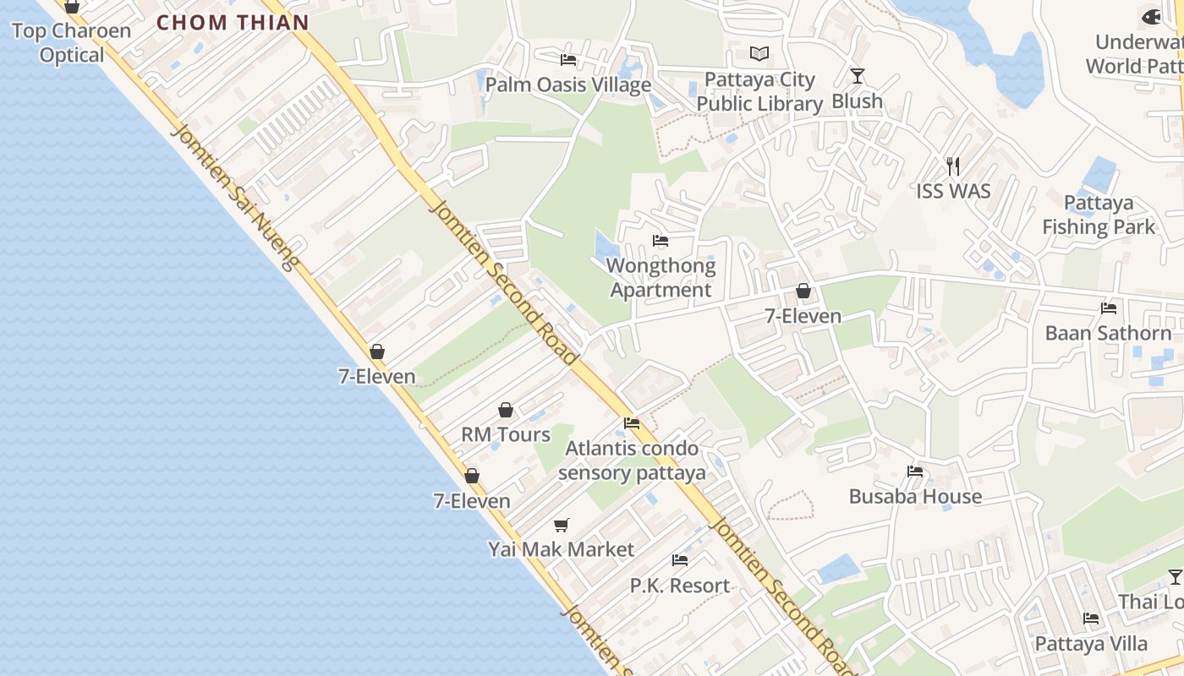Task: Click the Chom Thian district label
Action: (233, 23)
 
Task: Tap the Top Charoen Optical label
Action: (72, 43)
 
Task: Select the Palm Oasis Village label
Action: (568, 84)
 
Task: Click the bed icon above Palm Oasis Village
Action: (568, 59)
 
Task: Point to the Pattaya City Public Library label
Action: (759, 91)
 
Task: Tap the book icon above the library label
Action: (759, 54)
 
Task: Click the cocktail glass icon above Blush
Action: (858, 76)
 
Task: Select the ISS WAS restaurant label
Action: (953, 191)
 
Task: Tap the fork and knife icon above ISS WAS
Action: (953, 166)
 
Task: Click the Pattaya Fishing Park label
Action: (1099, 215)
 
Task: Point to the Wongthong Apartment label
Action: (661, 278)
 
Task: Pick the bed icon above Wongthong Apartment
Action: (661, 241)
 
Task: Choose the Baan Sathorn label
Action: (1109, 333)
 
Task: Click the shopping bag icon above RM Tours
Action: (506, 410)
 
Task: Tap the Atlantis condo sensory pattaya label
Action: (632, 460)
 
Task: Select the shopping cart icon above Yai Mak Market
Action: (562, 525)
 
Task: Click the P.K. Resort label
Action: (680, 585)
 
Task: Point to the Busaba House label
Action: (915, 496)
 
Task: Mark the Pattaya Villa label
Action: (1092, 643)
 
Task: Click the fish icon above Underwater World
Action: (1152, 16)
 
